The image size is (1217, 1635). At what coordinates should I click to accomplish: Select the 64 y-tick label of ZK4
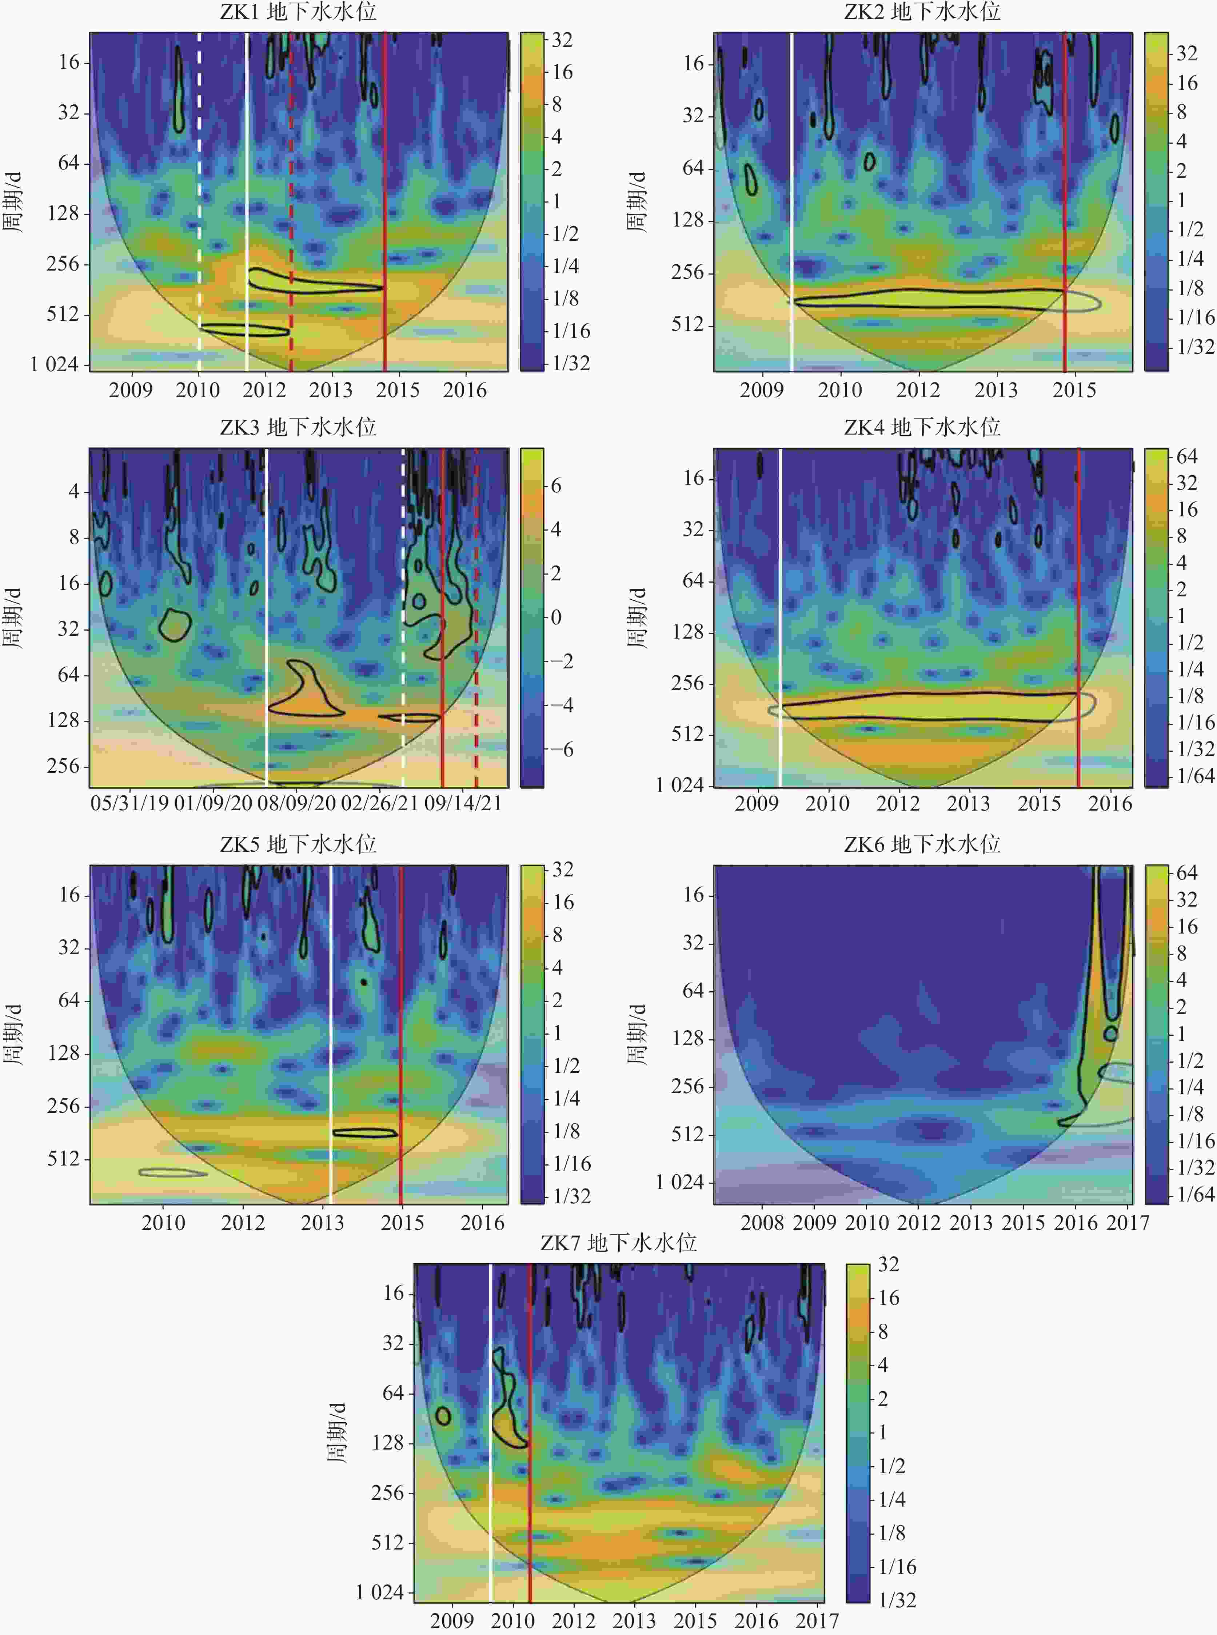coord(693,580)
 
